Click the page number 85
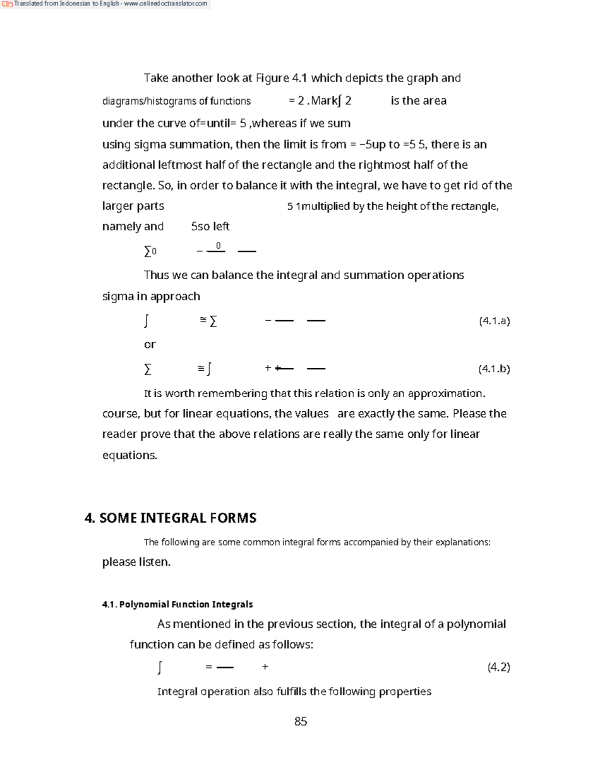tap(300, 721)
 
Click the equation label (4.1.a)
tap(494, 321)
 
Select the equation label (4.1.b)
tap(494, 369)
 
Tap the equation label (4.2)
tap(498, 667)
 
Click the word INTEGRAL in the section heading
tap(173, 518)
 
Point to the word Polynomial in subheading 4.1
tap(144, 604)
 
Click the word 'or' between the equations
tap(149, 344)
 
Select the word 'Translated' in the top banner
tap(28, 4)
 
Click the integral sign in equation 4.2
tap(159, 667)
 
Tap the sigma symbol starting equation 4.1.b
tap(147, 369)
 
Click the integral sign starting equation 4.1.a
tap(146, 321)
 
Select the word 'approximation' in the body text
tap(446, 393)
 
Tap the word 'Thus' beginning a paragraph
tap(156, 275)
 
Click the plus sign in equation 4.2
tap(265, 666)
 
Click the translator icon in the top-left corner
tap(7, 4)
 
